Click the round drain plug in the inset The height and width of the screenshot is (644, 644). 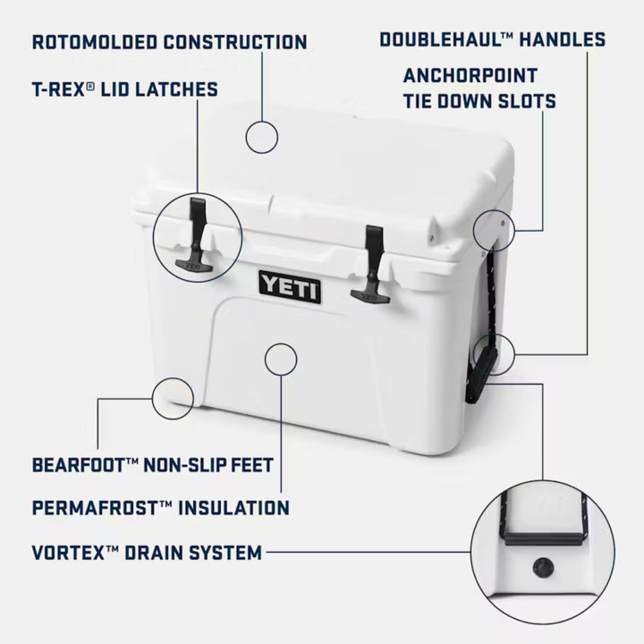pos(542,566)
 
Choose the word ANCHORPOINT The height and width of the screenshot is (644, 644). pos(470,75)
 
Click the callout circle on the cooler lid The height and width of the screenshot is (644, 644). pos(263,138)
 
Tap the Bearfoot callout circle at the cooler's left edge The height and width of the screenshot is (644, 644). pos(173,397)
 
